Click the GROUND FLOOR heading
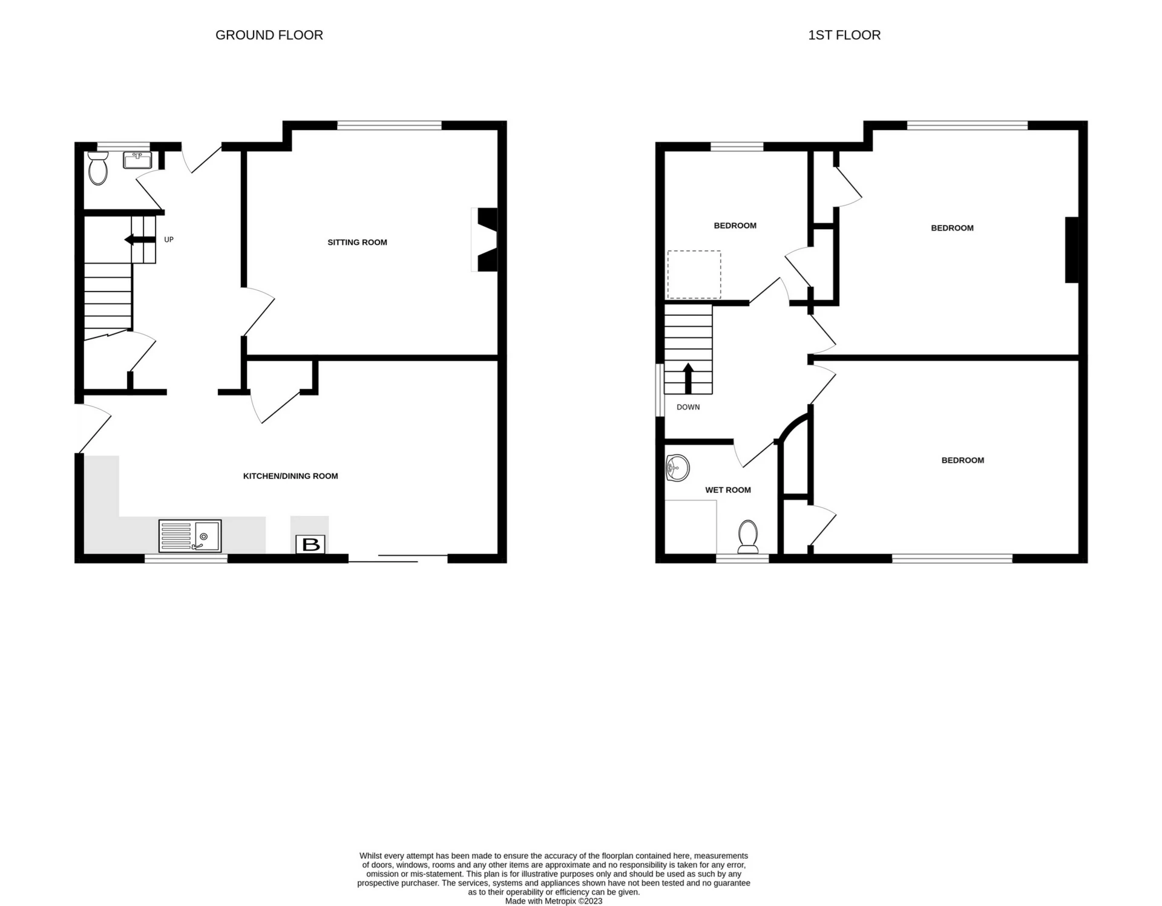tap(269, 35)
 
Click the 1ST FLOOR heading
tap(844, 35)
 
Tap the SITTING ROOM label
tap(357, 243)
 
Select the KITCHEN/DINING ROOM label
tap(290, 476)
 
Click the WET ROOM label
tap(727, 490)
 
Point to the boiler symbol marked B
tap(310, 544)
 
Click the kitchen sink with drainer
tap(190, 536)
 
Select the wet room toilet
tap(748, 536)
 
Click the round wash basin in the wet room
tap(677, 469)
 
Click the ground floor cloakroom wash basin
tap(137, 160)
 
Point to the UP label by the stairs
tap(169, 240)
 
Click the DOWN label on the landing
tap(688, 407)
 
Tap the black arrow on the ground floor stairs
tap(139, 240)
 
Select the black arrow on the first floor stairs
tap(688, 377)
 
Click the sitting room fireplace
tap(485, 240)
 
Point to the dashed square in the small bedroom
tap(694, 275)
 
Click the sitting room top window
tap(389, 126)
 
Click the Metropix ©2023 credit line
tap(553, 901)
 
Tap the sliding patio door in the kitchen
tap(398, 558)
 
